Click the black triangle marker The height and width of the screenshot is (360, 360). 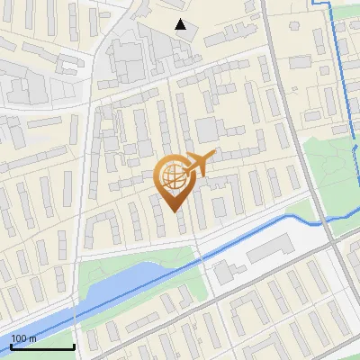pyautogui.click(x=181, y=24)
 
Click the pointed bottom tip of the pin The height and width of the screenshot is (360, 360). pyautogui.click(x=173, y=211)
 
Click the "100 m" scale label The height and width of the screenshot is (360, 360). pyautogui.click(x=23, y=338)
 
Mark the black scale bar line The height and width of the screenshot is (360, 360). pyautogui.click(x=41, y=346)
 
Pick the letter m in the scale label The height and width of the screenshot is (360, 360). pyautogui.click(x=32, y=338)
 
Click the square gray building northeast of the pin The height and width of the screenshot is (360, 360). pyautogui.click(x=206, y=129)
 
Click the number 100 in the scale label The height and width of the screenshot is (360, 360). pyautogui.click(x=18, y=338)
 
